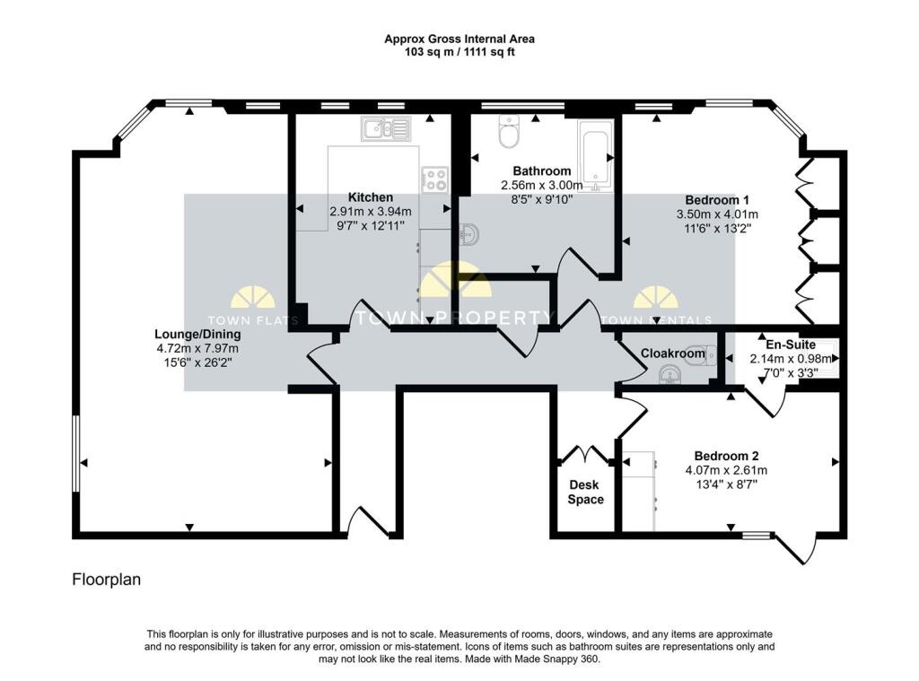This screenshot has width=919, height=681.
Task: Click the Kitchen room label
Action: click(x=371, y=197)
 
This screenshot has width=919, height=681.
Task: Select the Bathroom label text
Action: click(x=541, y=171)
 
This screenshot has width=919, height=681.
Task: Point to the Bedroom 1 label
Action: click(x=717, y=200)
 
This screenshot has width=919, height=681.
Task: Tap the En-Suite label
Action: click(x=785, y=345)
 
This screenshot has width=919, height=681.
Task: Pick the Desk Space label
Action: click(x=585, y=493)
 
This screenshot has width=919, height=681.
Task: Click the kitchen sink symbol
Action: click(x=385, y=129)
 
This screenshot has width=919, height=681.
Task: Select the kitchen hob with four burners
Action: click(x=435, y=179)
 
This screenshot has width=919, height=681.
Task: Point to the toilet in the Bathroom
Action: click(x=509, y=135)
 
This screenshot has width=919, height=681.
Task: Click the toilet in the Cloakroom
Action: click(x=701, y=354)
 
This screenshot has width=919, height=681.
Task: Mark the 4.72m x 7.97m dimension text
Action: click(x=197, y=348)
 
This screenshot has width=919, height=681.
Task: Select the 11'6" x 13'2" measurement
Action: click(x=717, y=229)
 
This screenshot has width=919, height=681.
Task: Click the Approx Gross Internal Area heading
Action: click(x=459, y=39)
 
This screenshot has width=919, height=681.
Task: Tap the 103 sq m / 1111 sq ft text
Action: click(x=459, y=52)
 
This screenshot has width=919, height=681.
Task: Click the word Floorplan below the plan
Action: click(x=106, y=581)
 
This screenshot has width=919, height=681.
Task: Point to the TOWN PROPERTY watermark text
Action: click(x=456, y=318)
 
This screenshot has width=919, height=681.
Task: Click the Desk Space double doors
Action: click(x=585, y=454)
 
